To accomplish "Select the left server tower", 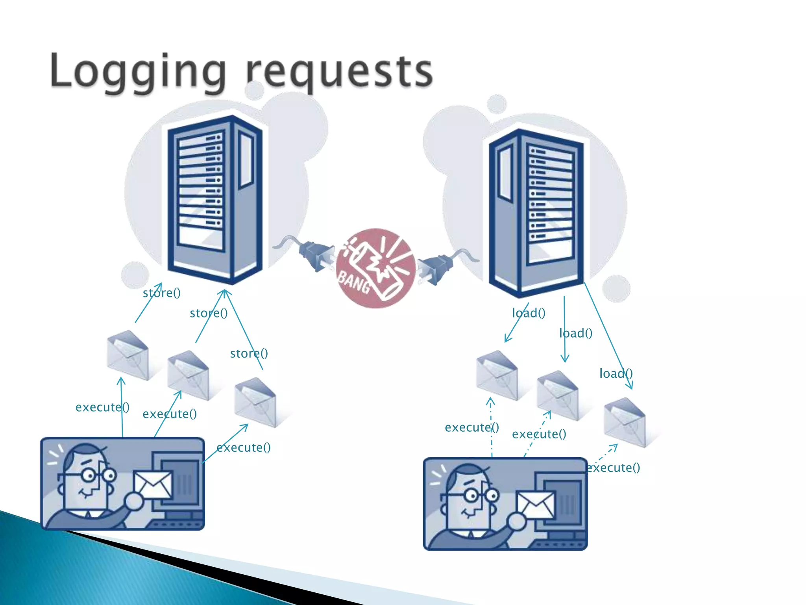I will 214,199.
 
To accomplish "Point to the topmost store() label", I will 161,293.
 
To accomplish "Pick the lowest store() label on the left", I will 249,353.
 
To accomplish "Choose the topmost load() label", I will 529,313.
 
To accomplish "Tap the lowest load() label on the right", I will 616,373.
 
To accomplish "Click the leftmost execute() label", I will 102,407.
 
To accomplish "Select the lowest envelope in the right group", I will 625,422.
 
